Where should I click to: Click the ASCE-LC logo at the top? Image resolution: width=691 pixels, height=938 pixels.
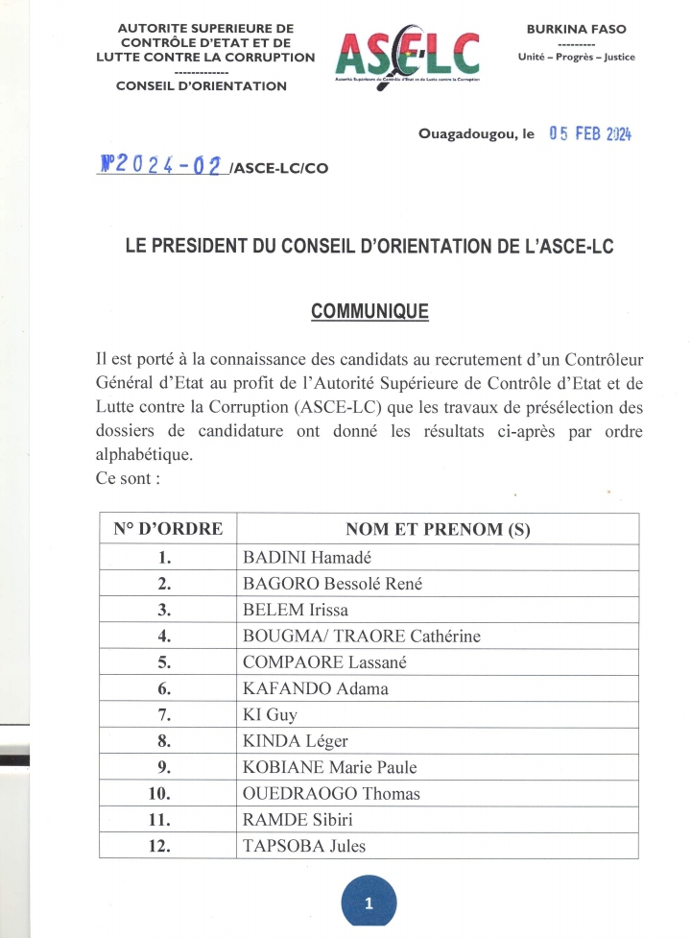coord(408,56)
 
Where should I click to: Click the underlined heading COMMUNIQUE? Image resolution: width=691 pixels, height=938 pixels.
coord(369,312)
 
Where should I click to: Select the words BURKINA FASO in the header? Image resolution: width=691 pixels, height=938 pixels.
coord(576,30)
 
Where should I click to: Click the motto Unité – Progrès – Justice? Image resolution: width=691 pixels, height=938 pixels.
coord(576,57)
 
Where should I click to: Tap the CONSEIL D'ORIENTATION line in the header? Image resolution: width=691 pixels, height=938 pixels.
coord(201,86)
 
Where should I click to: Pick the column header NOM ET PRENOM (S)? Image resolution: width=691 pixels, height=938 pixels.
coord(438,529)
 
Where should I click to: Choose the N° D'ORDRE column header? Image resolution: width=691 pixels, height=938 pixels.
coord(168,529)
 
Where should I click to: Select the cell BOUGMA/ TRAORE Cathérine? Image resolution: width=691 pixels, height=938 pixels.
coord(361,636)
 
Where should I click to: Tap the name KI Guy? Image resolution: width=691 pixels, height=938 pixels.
coord(270,714)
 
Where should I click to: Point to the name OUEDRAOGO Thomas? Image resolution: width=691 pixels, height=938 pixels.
coord(331,793)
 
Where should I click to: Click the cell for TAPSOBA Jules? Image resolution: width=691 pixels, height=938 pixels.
coord(304,846)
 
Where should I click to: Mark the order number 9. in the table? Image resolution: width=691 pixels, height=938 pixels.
coord(168,767)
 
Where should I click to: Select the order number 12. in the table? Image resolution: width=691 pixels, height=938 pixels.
coord(168,846)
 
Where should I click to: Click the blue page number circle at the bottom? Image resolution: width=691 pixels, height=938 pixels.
coord(369,902)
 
